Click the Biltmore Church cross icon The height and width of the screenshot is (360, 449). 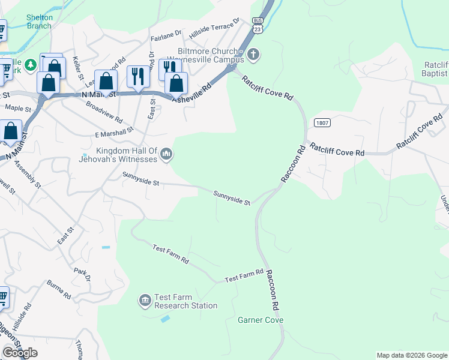point(253,55)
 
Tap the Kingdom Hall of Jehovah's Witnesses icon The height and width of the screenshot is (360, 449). point(166,155)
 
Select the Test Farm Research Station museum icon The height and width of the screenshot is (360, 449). point(145,300)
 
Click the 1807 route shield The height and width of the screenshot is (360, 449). point(321,122)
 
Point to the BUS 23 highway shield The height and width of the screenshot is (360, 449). point(258,24)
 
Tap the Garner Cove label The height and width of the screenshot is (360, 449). point(261,320)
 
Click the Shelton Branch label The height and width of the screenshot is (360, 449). point(40,22)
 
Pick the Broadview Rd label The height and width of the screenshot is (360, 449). point(104,112)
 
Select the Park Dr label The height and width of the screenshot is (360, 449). point(82,274)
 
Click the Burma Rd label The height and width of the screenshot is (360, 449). point(59,290)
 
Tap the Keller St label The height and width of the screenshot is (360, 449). point(77,67)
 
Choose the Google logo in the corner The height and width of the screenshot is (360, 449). point(20,353)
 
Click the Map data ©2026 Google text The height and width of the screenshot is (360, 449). point(411,355)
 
